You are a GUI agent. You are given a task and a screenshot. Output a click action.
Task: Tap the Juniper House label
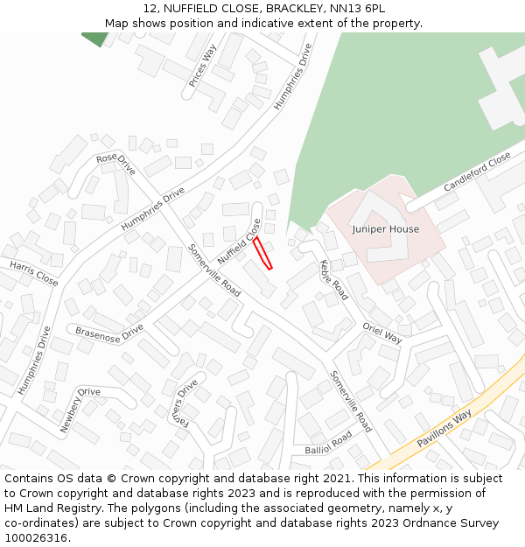[385, 229]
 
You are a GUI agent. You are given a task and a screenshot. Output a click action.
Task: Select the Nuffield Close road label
[239, 243]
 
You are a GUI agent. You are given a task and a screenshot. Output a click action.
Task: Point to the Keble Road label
[333, 279]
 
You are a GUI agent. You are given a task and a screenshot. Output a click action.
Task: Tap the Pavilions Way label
[444, 428]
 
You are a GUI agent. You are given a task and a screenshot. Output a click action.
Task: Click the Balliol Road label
[328, 443]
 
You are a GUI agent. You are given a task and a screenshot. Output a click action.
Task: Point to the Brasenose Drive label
[108, 332]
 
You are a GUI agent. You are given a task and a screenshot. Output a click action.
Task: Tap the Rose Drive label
[115, 164]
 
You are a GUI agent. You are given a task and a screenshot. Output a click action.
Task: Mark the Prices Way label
[202, 66]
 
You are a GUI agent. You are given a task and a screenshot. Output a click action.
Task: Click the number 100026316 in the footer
[38, 538]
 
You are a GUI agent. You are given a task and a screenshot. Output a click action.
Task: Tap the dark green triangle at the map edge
[94, 39]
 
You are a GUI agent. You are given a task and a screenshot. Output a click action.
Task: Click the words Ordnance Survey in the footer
[454, 523]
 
